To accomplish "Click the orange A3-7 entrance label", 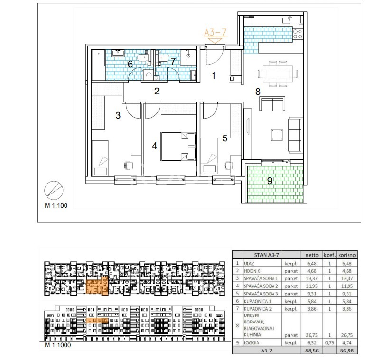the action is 216,32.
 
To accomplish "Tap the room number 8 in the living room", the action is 258,92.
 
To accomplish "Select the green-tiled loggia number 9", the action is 270,181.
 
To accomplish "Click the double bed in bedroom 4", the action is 178,147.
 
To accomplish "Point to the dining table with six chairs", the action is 278,74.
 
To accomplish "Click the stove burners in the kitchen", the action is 298,34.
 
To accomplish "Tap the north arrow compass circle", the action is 54,190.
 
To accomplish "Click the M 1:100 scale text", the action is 56,205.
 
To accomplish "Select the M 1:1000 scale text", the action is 57,345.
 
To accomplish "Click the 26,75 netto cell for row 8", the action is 312,335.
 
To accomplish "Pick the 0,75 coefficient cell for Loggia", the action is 329,343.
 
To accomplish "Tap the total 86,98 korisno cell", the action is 347,351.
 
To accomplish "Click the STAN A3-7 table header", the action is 267,255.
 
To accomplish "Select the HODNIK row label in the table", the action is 252,271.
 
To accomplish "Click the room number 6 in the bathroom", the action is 131,64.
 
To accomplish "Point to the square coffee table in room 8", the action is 277,135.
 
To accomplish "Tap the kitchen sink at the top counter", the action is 287,20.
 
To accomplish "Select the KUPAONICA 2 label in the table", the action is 257,309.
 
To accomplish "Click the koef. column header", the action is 330,255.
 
